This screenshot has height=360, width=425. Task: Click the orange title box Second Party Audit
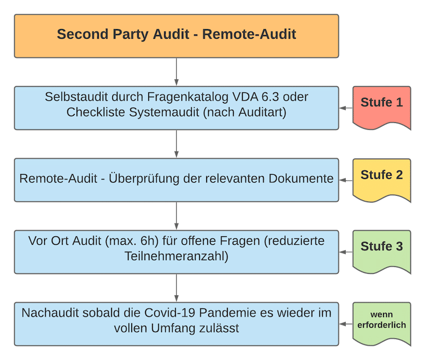[176, 36]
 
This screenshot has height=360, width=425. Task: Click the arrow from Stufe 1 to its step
[345, 108]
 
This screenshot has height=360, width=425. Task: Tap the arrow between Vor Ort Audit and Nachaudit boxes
[176, 288]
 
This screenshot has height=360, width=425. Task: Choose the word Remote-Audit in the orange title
[250, 36]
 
